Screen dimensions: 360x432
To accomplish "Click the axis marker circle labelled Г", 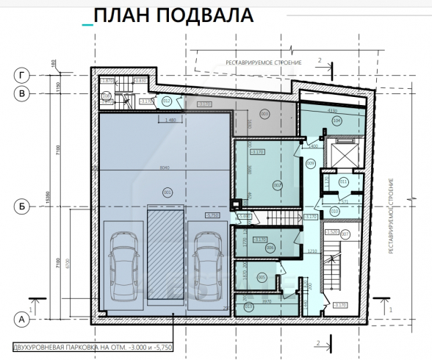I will (x=23, y=74).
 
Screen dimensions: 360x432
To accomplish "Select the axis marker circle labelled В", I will (x=23, y=93).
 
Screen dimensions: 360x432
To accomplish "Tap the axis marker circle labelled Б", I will (x=23, y=208).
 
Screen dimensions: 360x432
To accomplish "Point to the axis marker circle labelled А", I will (x=23, y=319).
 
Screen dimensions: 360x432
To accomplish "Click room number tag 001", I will (x=168, y=192).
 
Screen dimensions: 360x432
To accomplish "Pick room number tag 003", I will (x=264, y=113).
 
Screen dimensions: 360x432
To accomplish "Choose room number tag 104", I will (x=336, y=121).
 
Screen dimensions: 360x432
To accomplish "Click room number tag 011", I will (x=343, y=181).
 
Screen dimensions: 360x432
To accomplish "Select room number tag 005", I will (x=262, y=277).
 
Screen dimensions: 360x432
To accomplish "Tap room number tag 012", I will (x=167, y=101).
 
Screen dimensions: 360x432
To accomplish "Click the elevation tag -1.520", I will (x=331, y=232).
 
